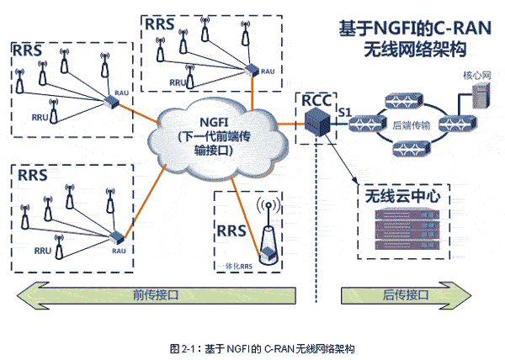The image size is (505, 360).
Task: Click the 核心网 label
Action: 476,75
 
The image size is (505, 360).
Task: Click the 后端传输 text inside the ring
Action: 412,125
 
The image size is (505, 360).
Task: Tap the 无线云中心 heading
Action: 405,198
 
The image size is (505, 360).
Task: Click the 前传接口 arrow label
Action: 156,296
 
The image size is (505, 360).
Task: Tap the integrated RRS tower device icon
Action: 268,244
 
